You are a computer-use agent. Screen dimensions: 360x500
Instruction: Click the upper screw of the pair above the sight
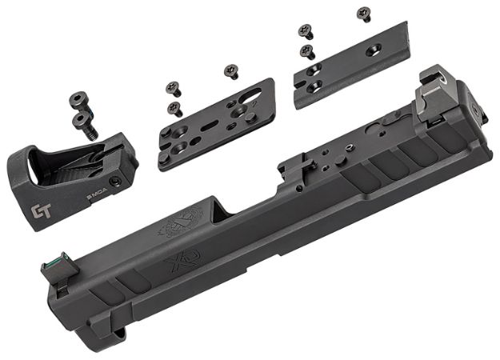(78, 99)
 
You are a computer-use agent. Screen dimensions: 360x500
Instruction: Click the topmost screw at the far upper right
(364, 13)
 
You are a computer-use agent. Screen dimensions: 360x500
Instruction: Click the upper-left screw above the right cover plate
(306, 31)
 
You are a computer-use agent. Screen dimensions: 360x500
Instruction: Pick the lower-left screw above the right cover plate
(307, 51)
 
